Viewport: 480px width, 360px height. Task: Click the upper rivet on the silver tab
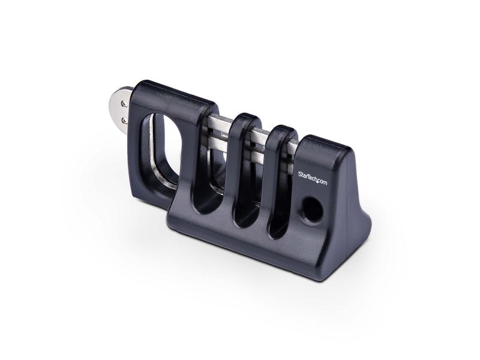124,104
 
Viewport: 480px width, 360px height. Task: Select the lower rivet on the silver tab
124,121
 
